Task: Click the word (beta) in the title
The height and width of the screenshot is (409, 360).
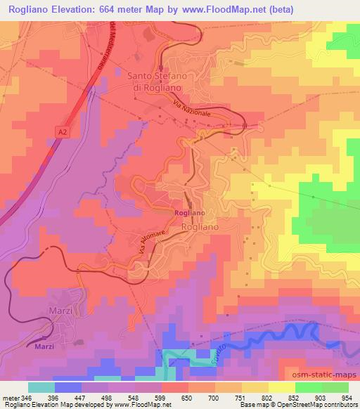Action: coord(276,9)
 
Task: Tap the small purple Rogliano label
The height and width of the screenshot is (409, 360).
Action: coord(190,212)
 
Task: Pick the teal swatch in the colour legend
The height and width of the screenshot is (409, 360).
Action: coord(41,387)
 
